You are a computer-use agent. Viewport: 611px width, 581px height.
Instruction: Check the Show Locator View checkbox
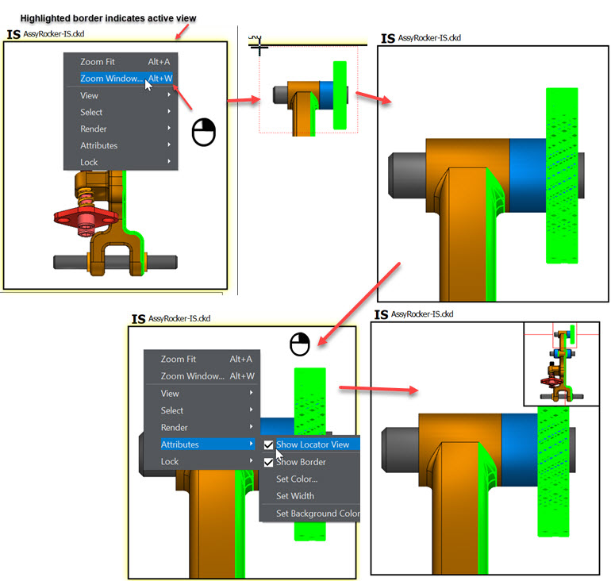[x=268, y=444]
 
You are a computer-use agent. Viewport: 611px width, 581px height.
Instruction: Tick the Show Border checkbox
[x=268, y=462]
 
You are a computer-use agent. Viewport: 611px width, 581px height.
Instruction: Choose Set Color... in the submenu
[x=297, y=479]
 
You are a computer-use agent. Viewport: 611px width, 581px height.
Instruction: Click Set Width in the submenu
[x=295, y=496]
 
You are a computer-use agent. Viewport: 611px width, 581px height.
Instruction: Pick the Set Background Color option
[x=317, y=514]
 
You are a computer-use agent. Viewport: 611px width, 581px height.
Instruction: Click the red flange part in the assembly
[x=86, y=217]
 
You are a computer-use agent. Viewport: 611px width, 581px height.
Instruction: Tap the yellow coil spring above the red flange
[x=85, y=198]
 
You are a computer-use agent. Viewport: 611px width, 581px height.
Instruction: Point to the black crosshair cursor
[x=259, y=47]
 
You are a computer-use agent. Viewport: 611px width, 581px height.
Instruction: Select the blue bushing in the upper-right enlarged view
[x=528, y=175]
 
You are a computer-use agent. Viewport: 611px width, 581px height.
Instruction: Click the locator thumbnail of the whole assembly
[x=561, y=364]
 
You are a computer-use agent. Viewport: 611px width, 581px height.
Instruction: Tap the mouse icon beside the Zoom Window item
[x=204, y=133]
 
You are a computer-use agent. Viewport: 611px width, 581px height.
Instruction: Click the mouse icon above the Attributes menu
[x=300, y=344]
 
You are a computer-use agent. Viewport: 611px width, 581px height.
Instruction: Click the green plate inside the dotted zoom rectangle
[x=340, y=95]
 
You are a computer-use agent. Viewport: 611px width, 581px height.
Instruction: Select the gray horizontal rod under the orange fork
[x=115, y=262]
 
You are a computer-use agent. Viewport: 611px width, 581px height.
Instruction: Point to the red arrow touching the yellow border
[x=182, y=32]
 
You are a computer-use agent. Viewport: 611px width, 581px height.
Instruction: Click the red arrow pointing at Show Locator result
[x=379, y=389]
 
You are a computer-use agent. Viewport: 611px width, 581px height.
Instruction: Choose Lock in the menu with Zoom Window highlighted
[x=89, y=162]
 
